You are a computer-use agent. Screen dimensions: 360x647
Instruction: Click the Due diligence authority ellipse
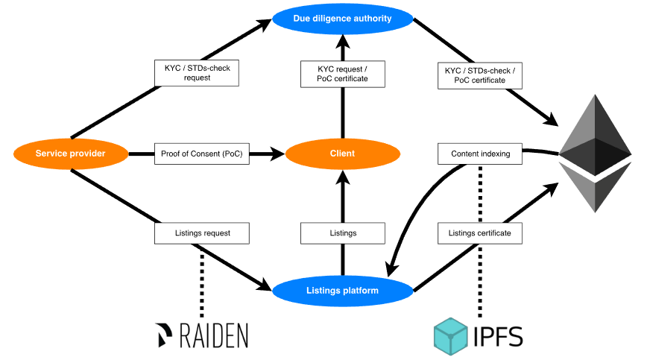[343, 19]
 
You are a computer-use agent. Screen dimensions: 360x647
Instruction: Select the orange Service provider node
[71, 154]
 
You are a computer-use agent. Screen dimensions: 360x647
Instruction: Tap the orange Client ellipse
[342, 154]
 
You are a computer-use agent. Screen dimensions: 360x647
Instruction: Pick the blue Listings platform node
[343, 290]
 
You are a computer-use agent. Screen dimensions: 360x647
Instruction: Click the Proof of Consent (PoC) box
[201, 154]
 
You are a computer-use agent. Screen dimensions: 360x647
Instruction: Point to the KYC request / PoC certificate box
[343, 73]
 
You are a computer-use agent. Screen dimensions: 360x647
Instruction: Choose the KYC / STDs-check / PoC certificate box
[481, 75]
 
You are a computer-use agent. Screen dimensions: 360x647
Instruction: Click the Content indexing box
[481, 154]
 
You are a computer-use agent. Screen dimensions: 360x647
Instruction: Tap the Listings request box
[201, 233]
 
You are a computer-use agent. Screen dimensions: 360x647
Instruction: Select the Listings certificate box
[480, 233]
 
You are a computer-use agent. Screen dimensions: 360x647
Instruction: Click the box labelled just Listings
[343, 233]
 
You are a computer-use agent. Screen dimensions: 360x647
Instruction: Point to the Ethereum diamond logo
[594, 153]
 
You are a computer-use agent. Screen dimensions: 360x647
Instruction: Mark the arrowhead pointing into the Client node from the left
[277, 154]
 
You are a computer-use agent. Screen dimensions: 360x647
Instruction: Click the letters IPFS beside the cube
[498, 335]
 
